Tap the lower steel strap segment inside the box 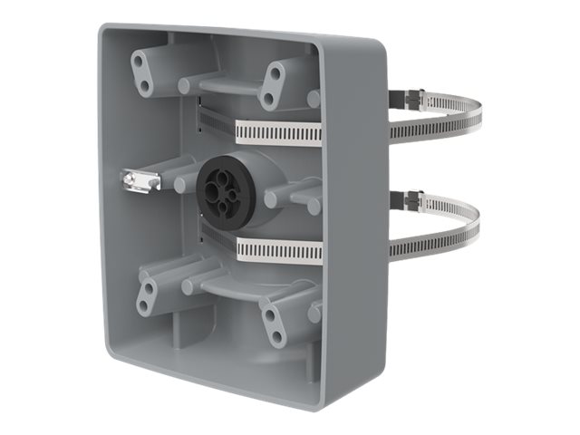coord(276,250)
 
